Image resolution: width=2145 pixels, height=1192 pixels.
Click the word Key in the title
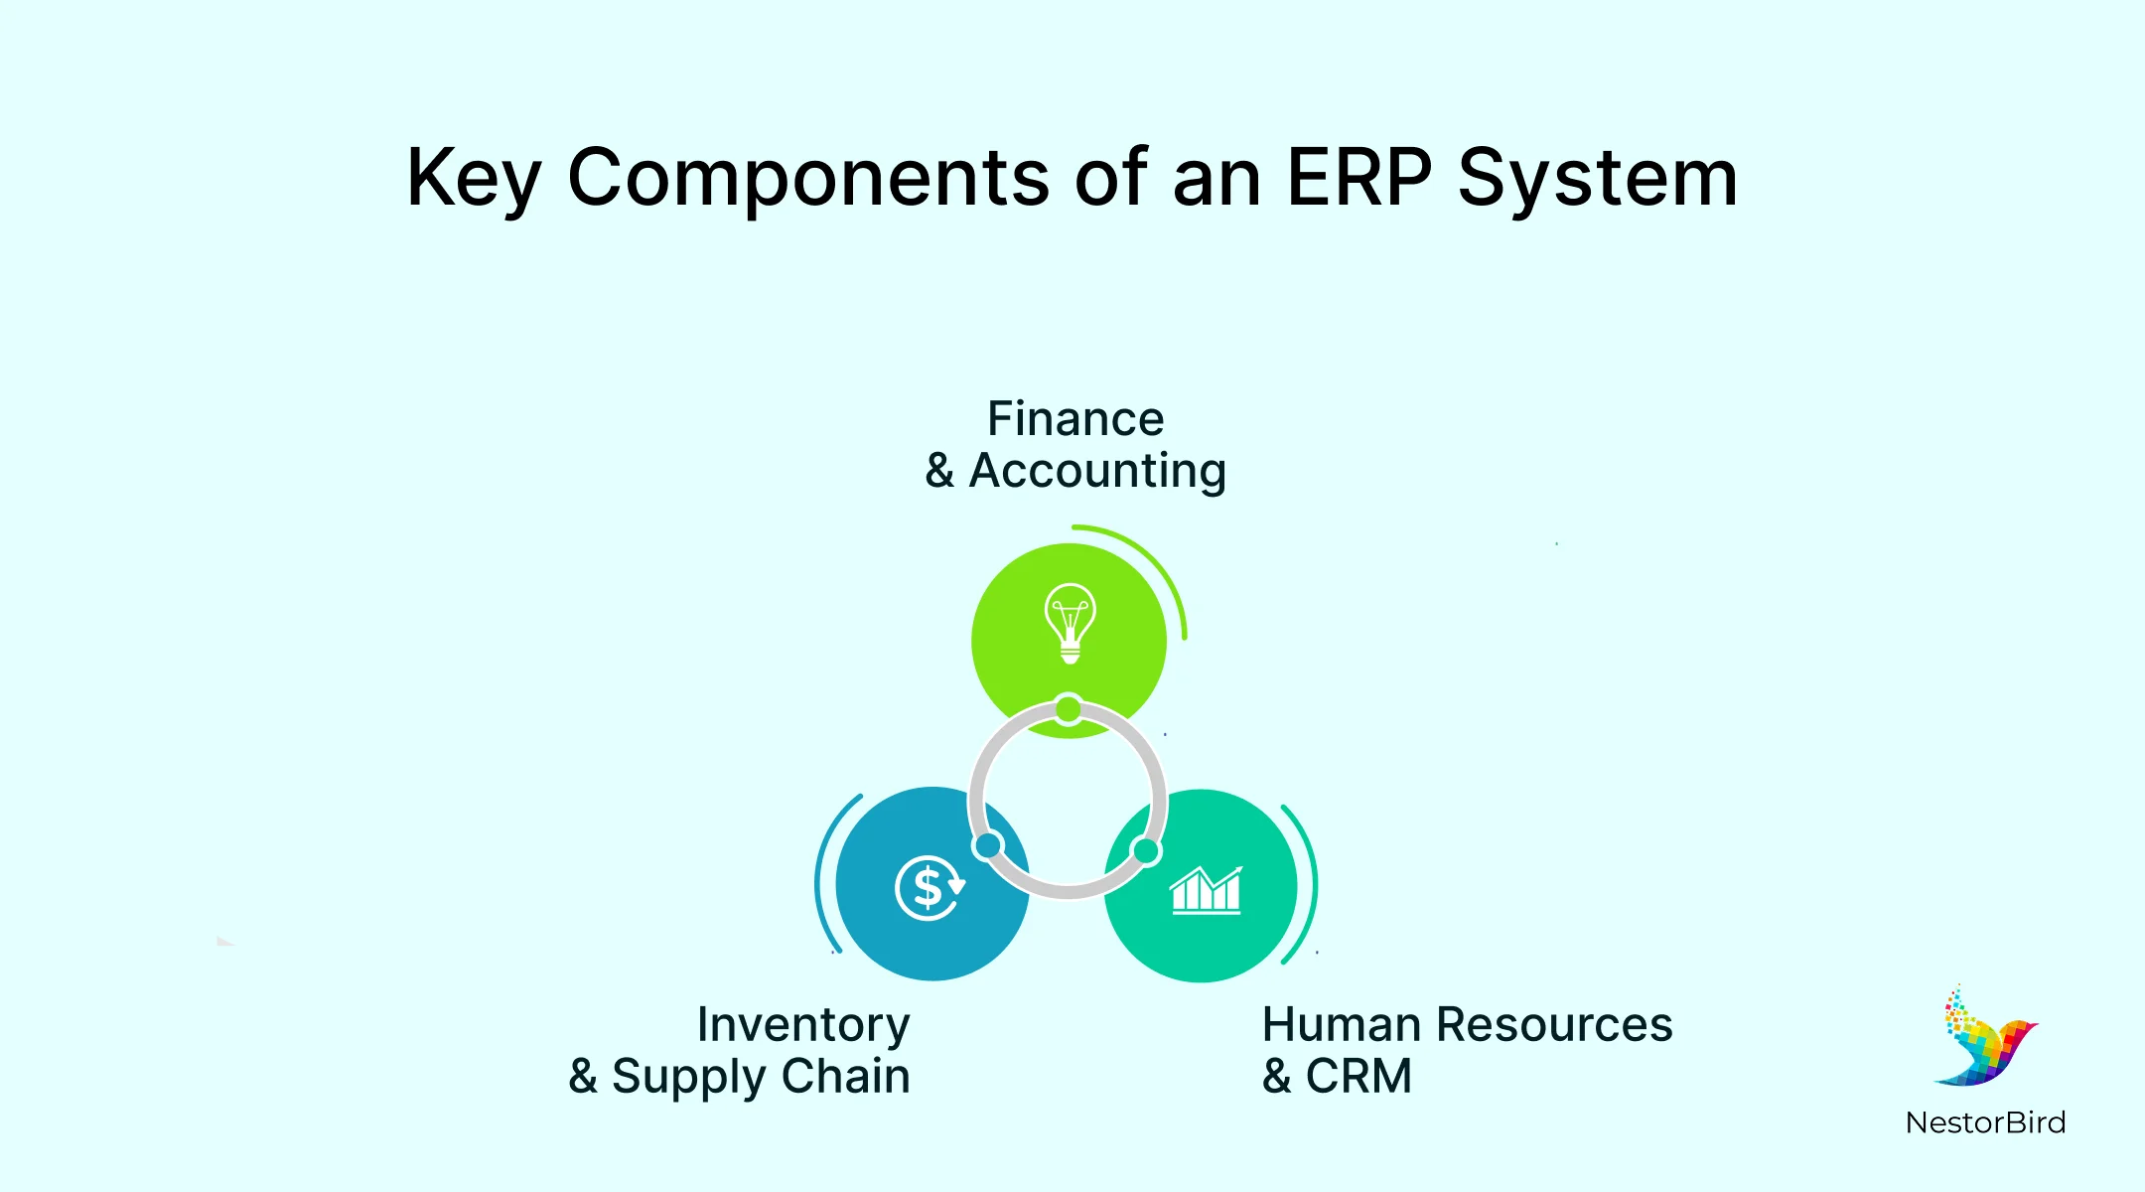pos(473,179)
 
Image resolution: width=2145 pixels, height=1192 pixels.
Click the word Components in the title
pos(807,179)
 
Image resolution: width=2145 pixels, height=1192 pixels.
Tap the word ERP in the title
pos(1358,179)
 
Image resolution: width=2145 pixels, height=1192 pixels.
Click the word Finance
pos(1074,419)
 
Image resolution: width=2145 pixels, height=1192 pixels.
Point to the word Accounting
pos(1097,471)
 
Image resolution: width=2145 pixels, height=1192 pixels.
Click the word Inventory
pos(802,1025)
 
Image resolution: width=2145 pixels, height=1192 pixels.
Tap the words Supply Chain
pos(761,1077)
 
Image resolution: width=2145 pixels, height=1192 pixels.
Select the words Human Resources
pos(1467,1025)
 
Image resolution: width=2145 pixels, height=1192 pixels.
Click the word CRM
pos(1358,1077)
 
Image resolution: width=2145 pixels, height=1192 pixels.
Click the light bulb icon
pos(1070,623)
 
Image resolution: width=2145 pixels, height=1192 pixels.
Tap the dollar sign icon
pos(929,887)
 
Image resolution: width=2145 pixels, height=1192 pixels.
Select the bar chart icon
pos(1206,890)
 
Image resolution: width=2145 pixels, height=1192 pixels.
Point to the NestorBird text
pos(1985,1123)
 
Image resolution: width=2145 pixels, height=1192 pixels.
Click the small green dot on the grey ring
pos(1069,709)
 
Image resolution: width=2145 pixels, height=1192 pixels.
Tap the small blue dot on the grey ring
pos(988,845)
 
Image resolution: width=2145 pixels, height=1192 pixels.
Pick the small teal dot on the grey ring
pos(1146,851)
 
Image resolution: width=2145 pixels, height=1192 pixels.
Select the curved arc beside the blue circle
pos(822,874)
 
